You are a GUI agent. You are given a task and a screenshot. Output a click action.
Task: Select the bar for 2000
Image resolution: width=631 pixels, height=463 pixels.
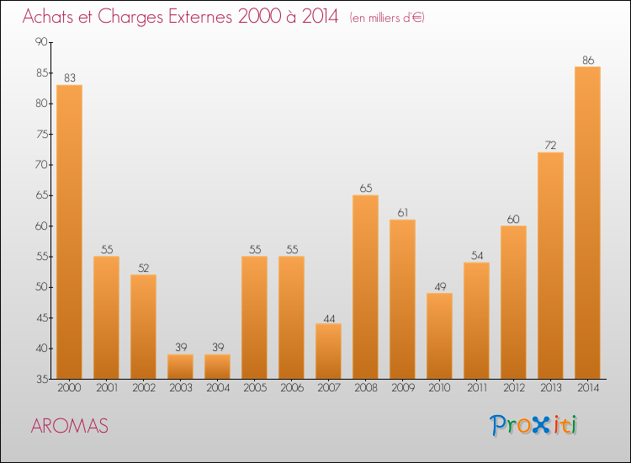pyautogui.click(x=69, y=231)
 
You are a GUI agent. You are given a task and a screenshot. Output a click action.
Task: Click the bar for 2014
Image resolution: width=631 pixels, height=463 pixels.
pyautogui.click(x=587, y=222)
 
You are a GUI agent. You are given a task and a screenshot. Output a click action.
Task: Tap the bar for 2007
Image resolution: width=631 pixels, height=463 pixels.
pyautogui.click(x=328, y=351)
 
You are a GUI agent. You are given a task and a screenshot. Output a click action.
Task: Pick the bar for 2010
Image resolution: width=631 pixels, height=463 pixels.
pyautogui.click(x=439, y=336)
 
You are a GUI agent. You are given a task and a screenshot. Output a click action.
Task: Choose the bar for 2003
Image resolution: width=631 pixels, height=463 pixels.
pyautogui.click(x=180, y=366)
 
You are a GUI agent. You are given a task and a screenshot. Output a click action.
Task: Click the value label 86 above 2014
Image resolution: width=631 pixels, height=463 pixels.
pyautogui.click(x=587, y=61)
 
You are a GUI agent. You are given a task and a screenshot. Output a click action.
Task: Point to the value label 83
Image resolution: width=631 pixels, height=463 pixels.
pyautogui.click(x=69, y=78)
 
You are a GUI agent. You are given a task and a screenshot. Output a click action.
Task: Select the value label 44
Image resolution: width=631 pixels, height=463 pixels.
pyautogui.click(x=328, y=317)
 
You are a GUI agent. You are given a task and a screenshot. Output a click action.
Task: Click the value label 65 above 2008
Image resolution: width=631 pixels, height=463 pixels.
pyautogui.click(x=365, y=189)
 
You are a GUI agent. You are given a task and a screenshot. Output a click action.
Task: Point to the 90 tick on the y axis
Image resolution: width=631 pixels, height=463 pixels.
pyautogui.click(x=40, y=42)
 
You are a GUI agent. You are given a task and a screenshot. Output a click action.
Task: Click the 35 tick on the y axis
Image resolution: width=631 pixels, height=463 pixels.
pyautogui.click(x=40, y=379)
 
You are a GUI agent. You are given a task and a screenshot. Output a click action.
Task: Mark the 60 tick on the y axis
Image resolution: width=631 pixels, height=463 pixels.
pyautogui.click(x=40, y=226)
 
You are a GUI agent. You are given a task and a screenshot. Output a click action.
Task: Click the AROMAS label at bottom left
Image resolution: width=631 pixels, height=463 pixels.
pyautogui.click(x=69, y=426)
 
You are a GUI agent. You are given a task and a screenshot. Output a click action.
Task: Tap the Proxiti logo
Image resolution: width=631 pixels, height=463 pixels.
pyautogui.click(x=534, y=425)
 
